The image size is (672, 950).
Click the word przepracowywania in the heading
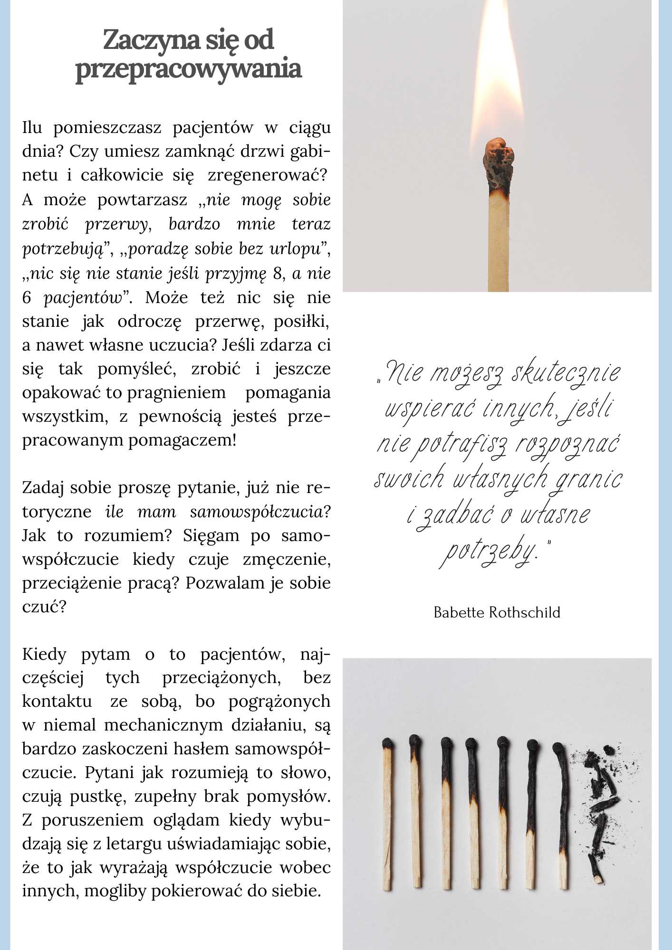[x=188, y=68]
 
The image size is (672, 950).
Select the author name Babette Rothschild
[x=497, y=612]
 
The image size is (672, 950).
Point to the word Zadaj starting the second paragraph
[x=42, y=488]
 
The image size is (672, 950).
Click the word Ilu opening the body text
[x=32, y=128]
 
